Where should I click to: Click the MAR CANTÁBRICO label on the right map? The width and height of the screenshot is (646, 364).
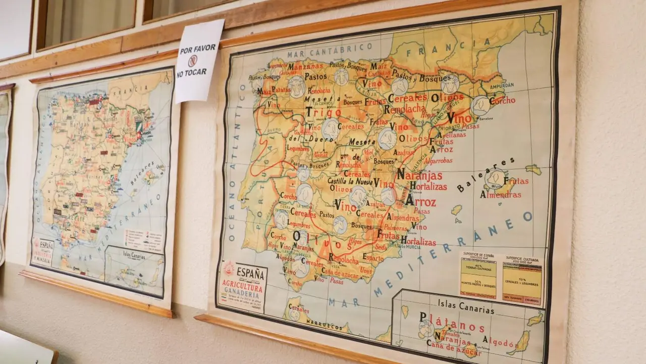point(330,50)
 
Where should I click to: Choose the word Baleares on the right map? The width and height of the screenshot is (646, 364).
point(486,175)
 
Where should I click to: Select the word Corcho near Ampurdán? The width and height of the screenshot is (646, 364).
point(502,101)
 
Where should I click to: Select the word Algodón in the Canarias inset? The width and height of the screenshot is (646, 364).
point(499,342)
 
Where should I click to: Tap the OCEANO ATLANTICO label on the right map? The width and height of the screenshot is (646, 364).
point(236,162)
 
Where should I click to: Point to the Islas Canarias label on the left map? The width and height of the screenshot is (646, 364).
point(131,256)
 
